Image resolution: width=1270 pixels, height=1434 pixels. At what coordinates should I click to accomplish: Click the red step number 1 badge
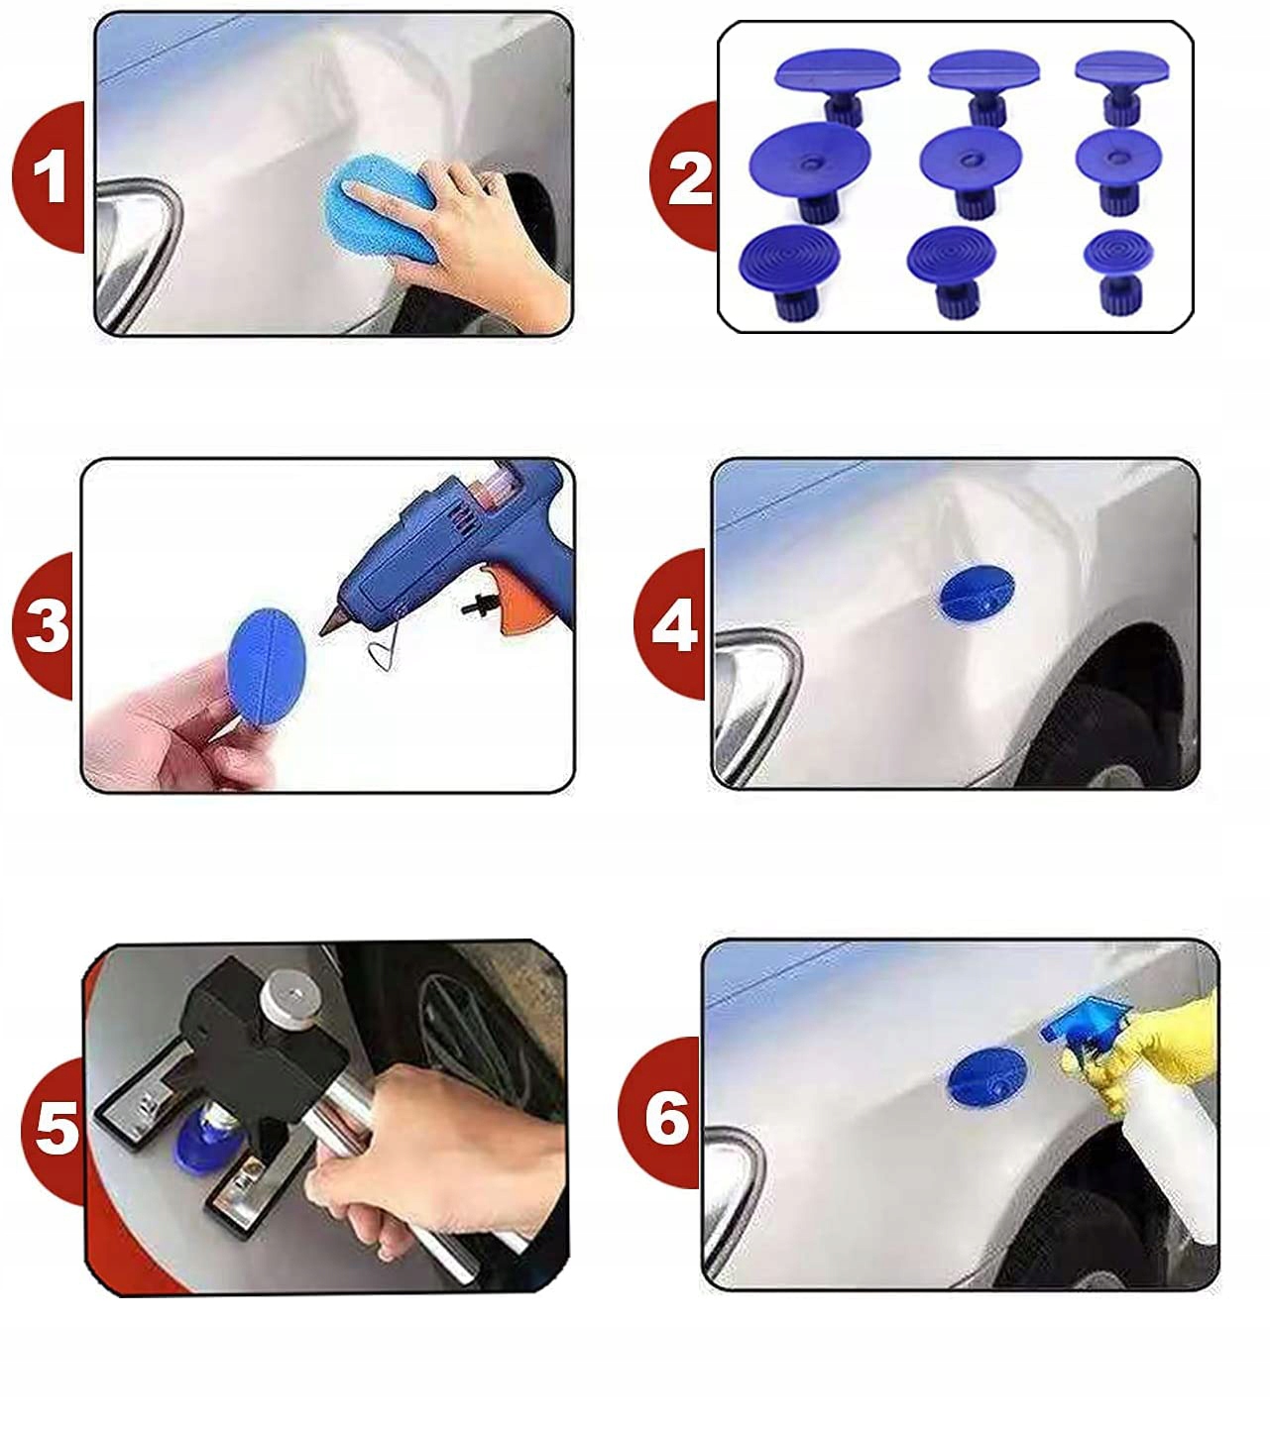tap(49, 177)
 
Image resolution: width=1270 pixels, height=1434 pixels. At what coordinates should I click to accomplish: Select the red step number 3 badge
tap(44, 625)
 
